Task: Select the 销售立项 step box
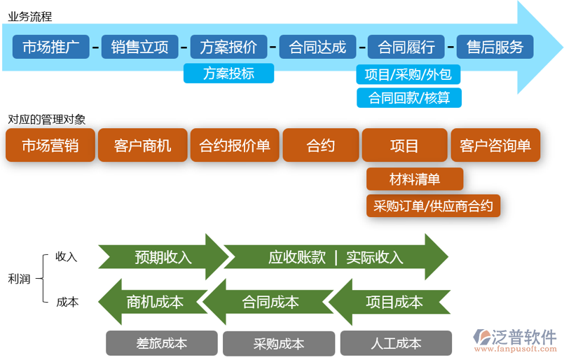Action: (139, 47)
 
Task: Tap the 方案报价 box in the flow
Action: (228, 47)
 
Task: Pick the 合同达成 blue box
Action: (317, 47)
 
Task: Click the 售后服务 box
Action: (495, 47)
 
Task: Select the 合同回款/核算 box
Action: (408, 97)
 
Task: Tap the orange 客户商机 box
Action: (142, 146)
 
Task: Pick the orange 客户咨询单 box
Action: (495, 146)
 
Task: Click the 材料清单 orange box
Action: (414, 179)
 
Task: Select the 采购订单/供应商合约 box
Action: (433, 205)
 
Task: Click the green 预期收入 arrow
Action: (163, 257)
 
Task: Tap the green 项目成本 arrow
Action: (393, 302)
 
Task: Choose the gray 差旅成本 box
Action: (162, 343)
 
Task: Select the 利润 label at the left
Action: (19, 279)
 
